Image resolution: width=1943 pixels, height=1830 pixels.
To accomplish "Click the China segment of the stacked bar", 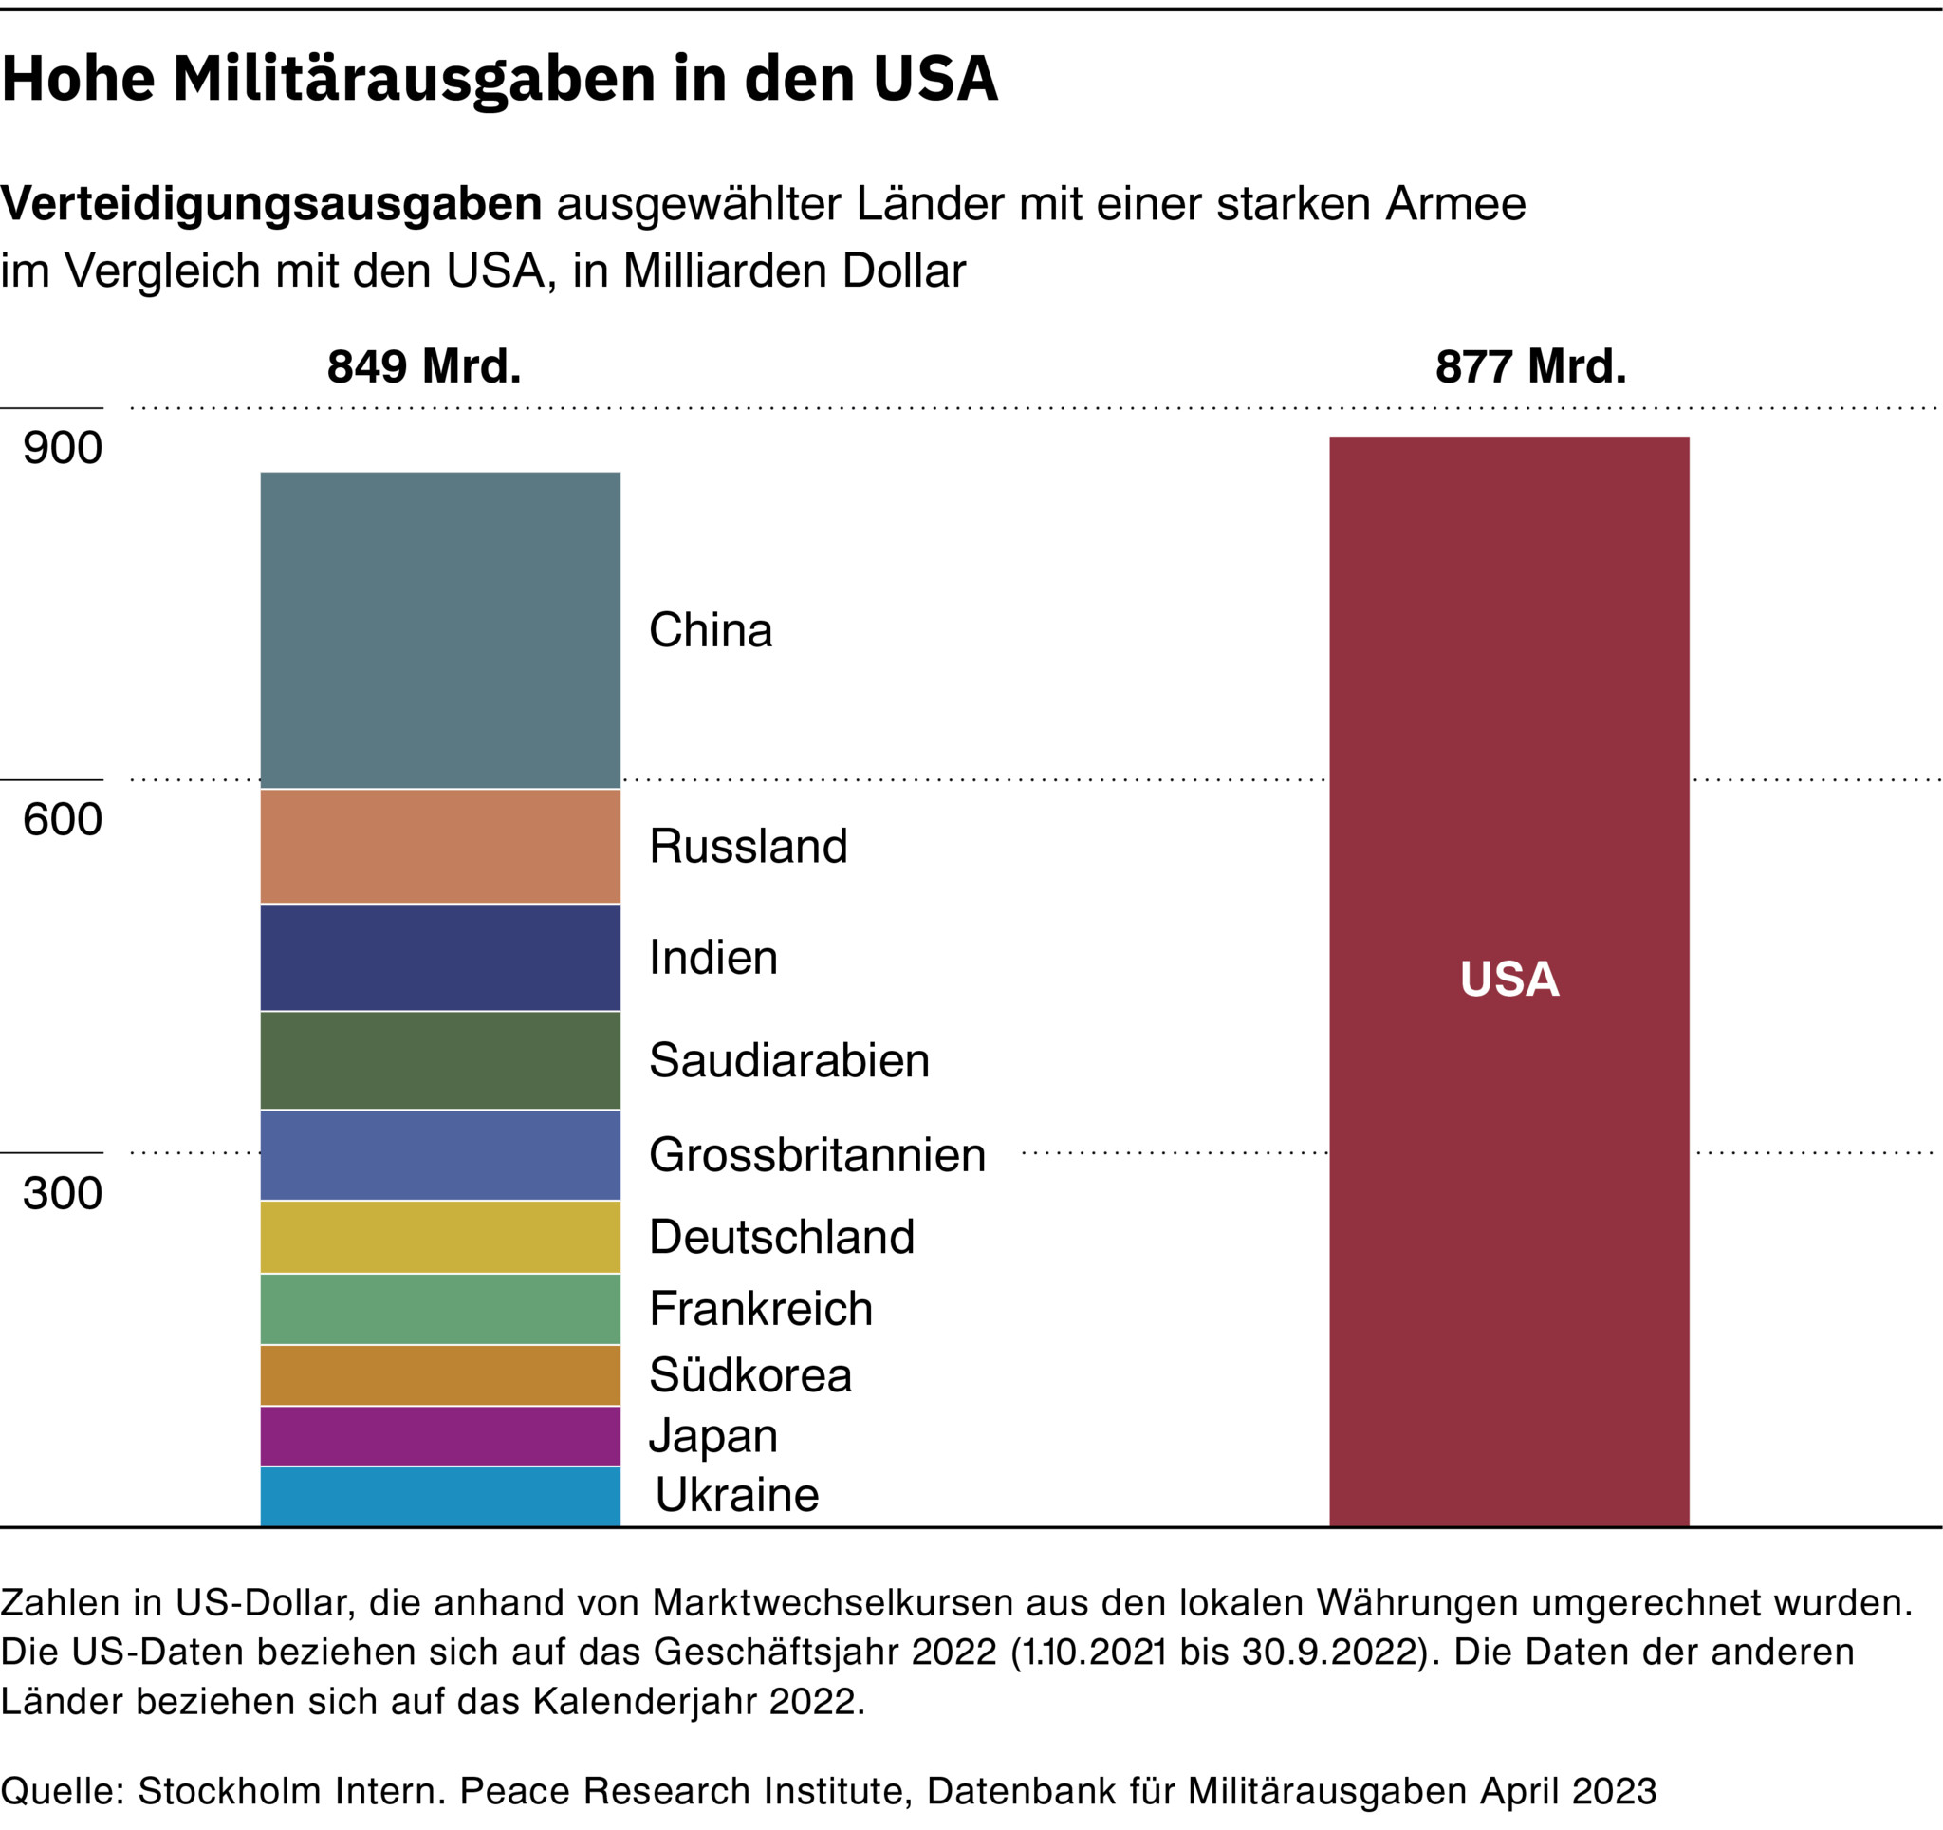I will (440, 630).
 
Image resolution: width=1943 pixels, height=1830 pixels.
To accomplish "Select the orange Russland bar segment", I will (440, 847).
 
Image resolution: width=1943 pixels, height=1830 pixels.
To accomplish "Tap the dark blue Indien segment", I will (440, 957).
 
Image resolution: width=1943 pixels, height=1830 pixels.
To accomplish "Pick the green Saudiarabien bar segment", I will (440, 1060).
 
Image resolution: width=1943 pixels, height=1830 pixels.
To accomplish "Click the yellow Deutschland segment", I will (440, 1237).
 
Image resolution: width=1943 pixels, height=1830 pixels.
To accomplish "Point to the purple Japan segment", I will (440, 1436).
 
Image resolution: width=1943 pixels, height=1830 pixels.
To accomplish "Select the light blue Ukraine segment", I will (440, 1496).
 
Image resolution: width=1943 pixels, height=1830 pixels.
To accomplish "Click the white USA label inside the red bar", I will (1509, 980).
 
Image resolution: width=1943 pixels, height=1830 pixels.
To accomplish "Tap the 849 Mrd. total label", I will (424, 366).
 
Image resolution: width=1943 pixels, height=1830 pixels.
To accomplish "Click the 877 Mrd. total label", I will (1530, 366).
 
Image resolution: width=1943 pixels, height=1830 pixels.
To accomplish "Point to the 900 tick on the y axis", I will (63, 448).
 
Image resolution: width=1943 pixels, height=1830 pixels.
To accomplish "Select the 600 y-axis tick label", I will (63, 819).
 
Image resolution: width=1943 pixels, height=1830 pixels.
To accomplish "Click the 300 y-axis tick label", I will (63, 1194).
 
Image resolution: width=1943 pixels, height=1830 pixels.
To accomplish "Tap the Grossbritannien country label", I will (817, 1155).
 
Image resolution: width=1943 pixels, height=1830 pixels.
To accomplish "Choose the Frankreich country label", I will (760, 1309).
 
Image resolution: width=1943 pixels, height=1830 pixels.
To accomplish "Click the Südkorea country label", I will (750, 1375).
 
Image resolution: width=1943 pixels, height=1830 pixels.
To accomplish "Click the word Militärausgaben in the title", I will (415, 78).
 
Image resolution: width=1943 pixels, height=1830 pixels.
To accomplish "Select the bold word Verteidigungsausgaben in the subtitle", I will (271, 204).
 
